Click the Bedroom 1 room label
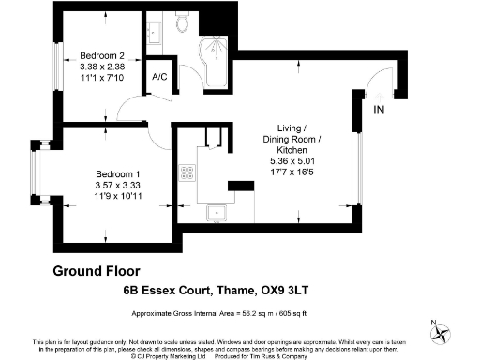click(x=118, y=173)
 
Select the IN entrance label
click(x=379, y=110)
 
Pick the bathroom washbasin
click(x=157, y=25)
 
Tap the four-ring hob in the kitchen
click(x=187, y=172)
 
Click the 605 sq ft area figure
click(x=317, y=310)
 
